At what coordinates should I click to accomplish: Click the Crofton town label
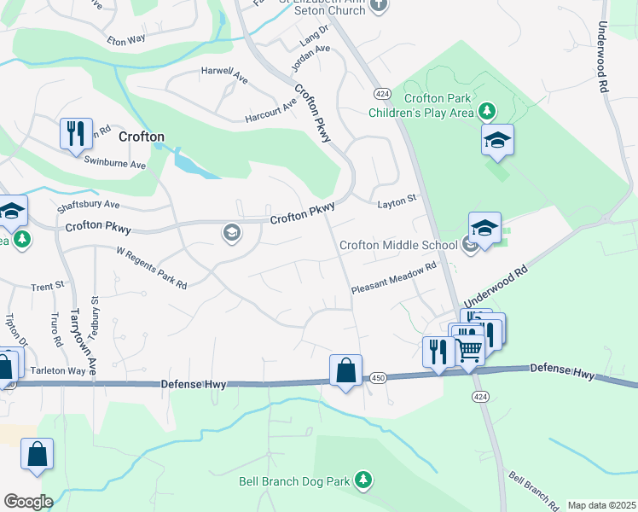[x=142, y=137]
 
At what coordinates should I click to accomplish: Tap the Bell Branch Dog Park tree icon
[x=364, y=480]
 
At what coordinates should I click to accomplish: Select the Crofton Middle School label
[x=398, y=245]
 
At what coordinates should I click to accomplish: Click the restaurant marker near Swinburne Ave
[x=76, y=134]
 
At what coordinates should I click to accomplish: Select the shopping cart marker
[x=468, y=348]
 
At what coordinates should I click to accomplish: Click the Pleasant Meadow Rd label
[x=394, y=278]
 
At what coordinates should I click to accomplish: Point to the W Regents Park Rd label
[x=152, y=268]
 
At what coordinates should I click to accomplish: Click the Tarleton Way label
[x=60, y=371]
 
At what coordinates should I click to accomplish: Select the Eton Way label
[x=128, y=40]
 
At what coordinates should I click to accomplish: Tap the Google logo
[x=28, y=502]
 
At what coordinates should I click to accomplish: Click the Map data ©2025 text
[x=601, y=505]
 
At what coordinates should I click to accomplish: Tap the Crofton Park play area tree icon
[x=486, y=111]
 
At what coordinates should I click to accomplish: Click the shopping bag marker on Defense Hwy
[x=345, y=370]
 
